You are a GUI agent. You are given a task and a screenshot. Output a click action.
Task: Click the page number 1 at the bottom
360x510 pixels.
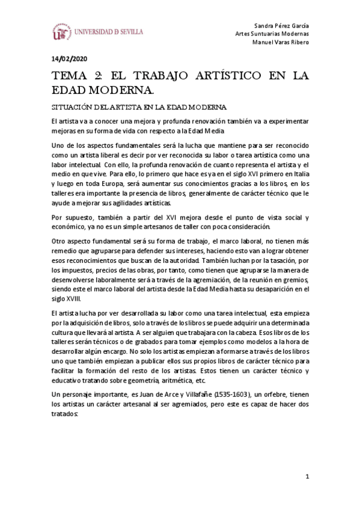pos(307,478)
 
